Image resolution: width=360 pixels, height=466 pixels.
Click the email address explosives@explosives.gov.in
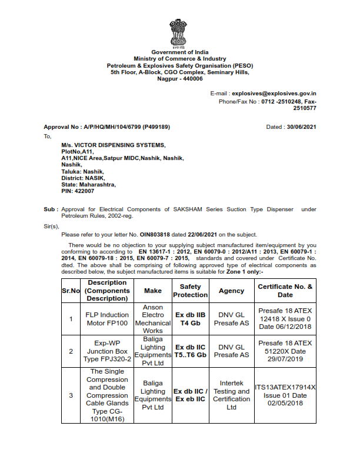coord(274,94)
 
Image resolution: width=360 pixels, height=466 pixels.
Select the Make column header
coord(153,291)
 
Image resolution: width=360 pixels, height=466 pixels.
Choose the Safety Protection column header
coord(190,291)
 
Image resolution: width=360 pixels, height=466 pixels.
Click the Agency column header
coord(231,291)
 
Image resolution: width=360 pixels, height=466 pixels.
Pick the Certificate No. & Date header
coord(285,291)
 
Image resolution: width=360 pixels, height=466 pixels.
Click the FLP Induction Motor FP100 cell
coord(107,319)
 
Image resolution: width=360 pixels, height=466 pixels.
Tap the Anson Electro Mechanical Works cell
coord(153,319)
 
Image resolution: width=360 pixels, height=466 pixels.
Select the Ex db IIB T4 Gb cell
coord(190,319)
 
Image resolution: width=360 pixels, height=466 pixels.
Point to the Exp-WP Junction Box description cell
coord(107,351)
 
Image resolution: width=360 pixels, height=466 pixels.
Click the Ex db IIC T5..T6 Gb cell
coord(190,351)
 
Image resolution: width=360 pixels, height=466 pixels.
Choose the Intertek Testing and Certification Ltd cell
coord(231,395)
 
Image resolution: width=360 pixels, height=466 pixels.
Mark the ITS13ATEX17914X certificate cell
coord(285,395)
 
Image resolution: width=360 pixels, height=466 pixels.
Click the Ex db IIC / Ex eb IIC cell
coord(190,395)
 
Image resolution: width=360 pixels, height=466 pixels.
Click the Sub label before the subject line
coord(50,209)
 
